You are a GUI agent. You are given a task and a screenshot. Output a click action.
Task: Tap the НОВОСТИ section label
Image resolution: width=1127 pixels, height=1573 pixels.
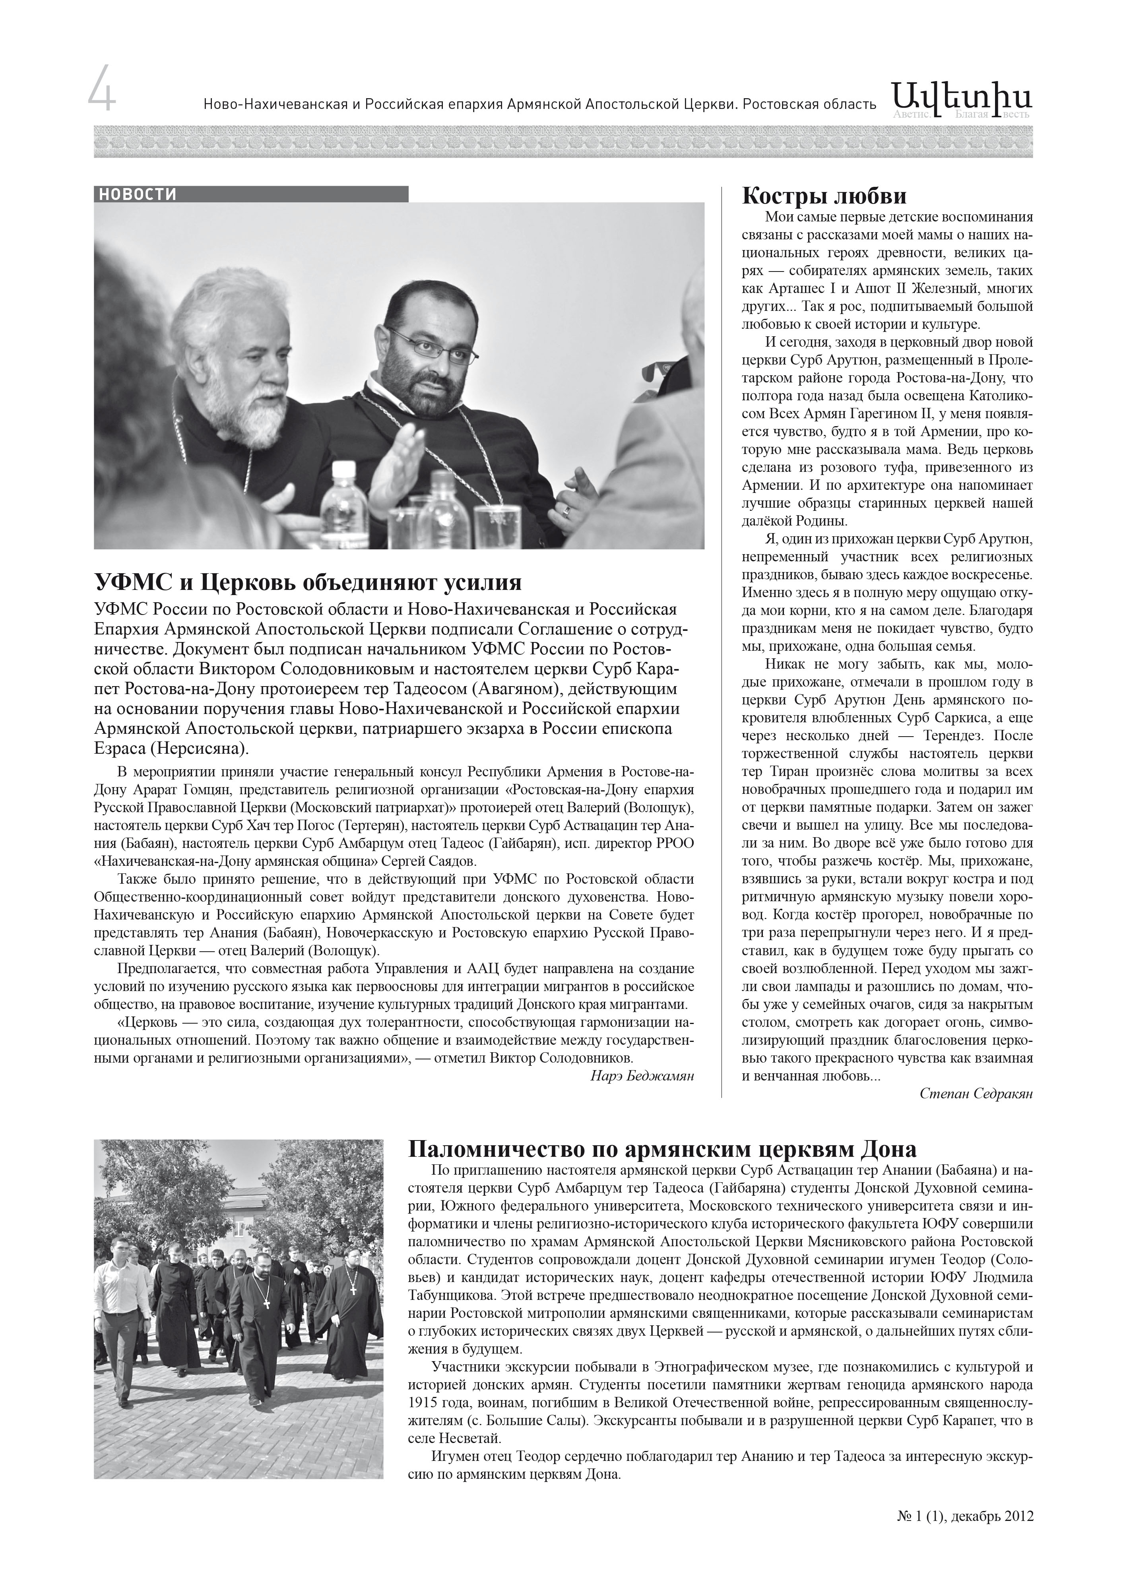click(x=137, y=195)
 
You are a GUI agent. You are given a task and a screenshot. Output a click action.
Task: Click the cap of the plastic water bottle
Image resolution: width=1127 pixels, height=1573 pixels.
click(x=343, y=469)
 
